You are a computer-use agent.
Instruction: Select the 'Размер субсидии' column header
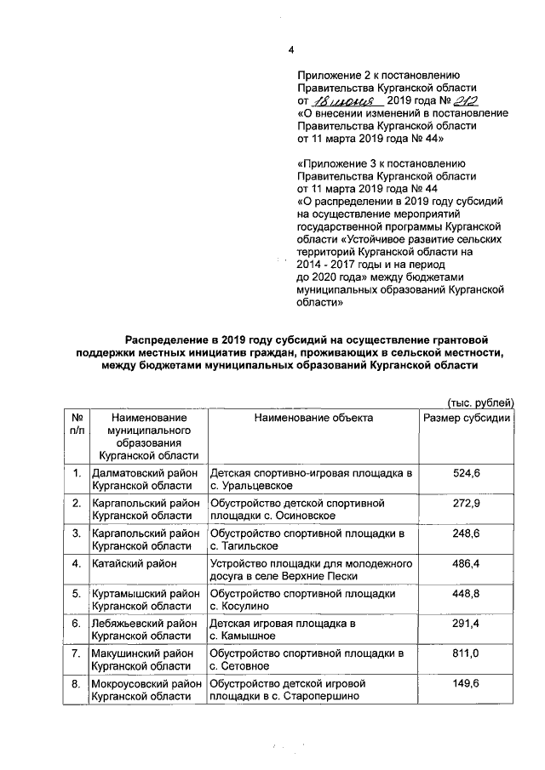click(x=467, y=418)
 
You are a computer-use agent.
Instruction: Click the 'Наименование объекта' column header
click(x=313, y=418)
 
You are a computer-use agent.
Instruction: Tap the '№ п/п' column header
click(x=77, y=425)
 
